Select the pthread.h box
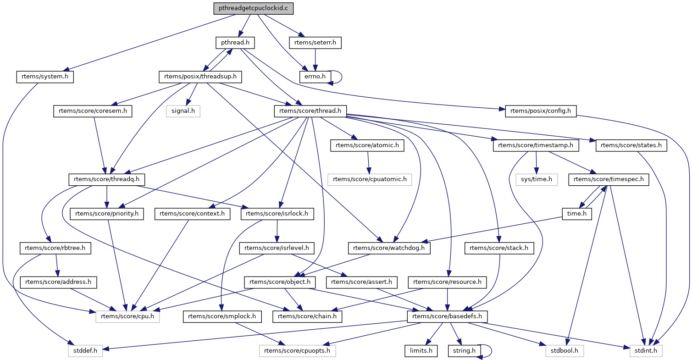(235, 43)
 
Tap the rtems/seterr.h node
(315, 43)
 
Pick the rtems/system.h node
(45, 76)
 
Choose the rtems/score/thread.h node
(310, 110)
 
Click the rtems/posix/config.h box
(541, 110)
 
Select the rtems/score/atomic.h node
(368, 145)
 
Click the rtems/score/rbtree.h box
(55, 248)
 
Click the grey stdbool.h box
(563, 351)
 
